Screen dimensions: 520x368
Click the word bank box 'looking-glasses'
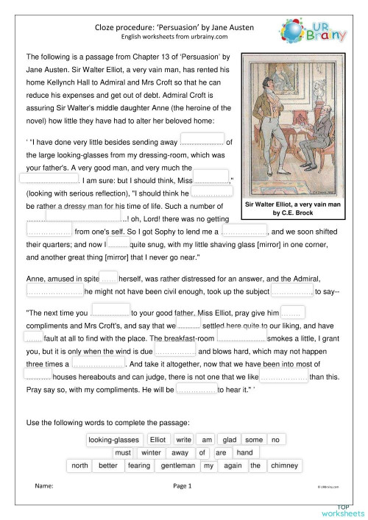tap(113, 440)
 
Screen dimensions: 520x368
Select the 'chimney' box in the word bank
tap(284, 466)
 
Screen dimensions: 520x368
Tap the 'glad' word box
tap(231, 440)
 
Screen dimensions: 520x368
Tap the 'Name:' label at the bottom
tap(45, 486)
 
